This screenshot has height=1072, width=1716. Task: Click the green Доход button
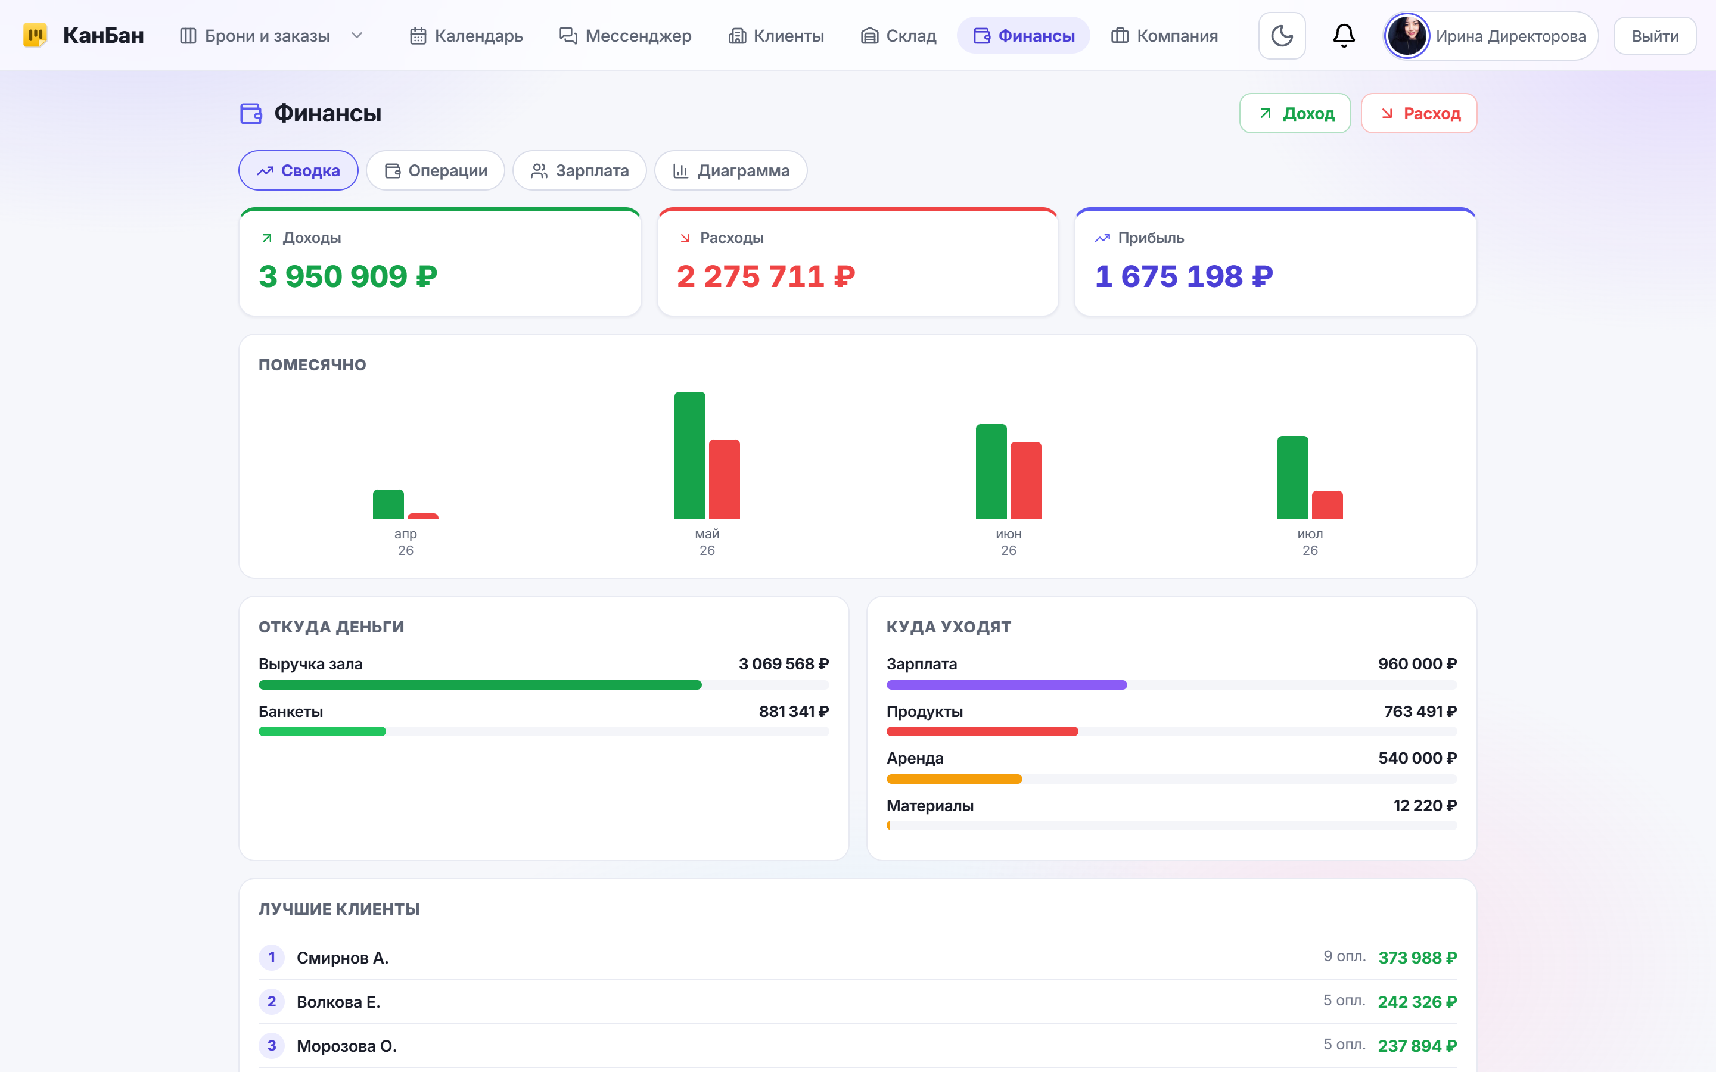point(1295,113)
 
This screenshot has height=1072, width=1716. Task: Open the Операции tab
point(436,171)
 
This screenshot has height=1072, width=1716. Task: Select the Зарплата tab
point(579,171)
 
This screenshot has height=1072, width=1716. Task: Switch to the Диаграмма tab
point(730,171)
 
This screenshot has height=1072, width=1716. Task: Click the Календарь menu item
point(467,36)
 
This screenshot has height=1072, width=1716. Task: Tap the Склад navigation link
point(899,36)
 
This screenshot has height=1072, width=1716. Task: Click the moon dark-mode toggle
point(1281,36)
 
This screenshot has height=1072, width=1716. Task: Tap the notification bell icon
point(1344,36)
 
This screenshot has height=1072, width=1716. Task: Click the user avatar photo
point(1407,36)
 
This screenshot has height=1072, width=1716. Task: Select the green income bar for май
point(689,455)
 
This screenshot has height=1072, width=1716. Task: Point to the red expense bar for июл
point(1327,505)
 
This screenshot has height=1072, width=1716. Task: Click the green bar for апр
point(388,504)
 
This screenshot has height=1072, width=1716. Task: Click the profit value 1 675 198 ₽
point(1183,276)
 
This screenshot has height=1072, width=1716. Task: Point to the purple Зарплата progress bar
point(1006,685)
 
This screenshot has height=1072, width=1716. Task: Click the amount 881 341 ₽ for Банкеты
point(794,711)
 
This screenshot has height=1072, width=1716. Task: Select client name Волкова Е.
point(338,1002)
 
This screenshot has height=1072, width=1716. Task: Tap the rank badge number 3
point(272,1045)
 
